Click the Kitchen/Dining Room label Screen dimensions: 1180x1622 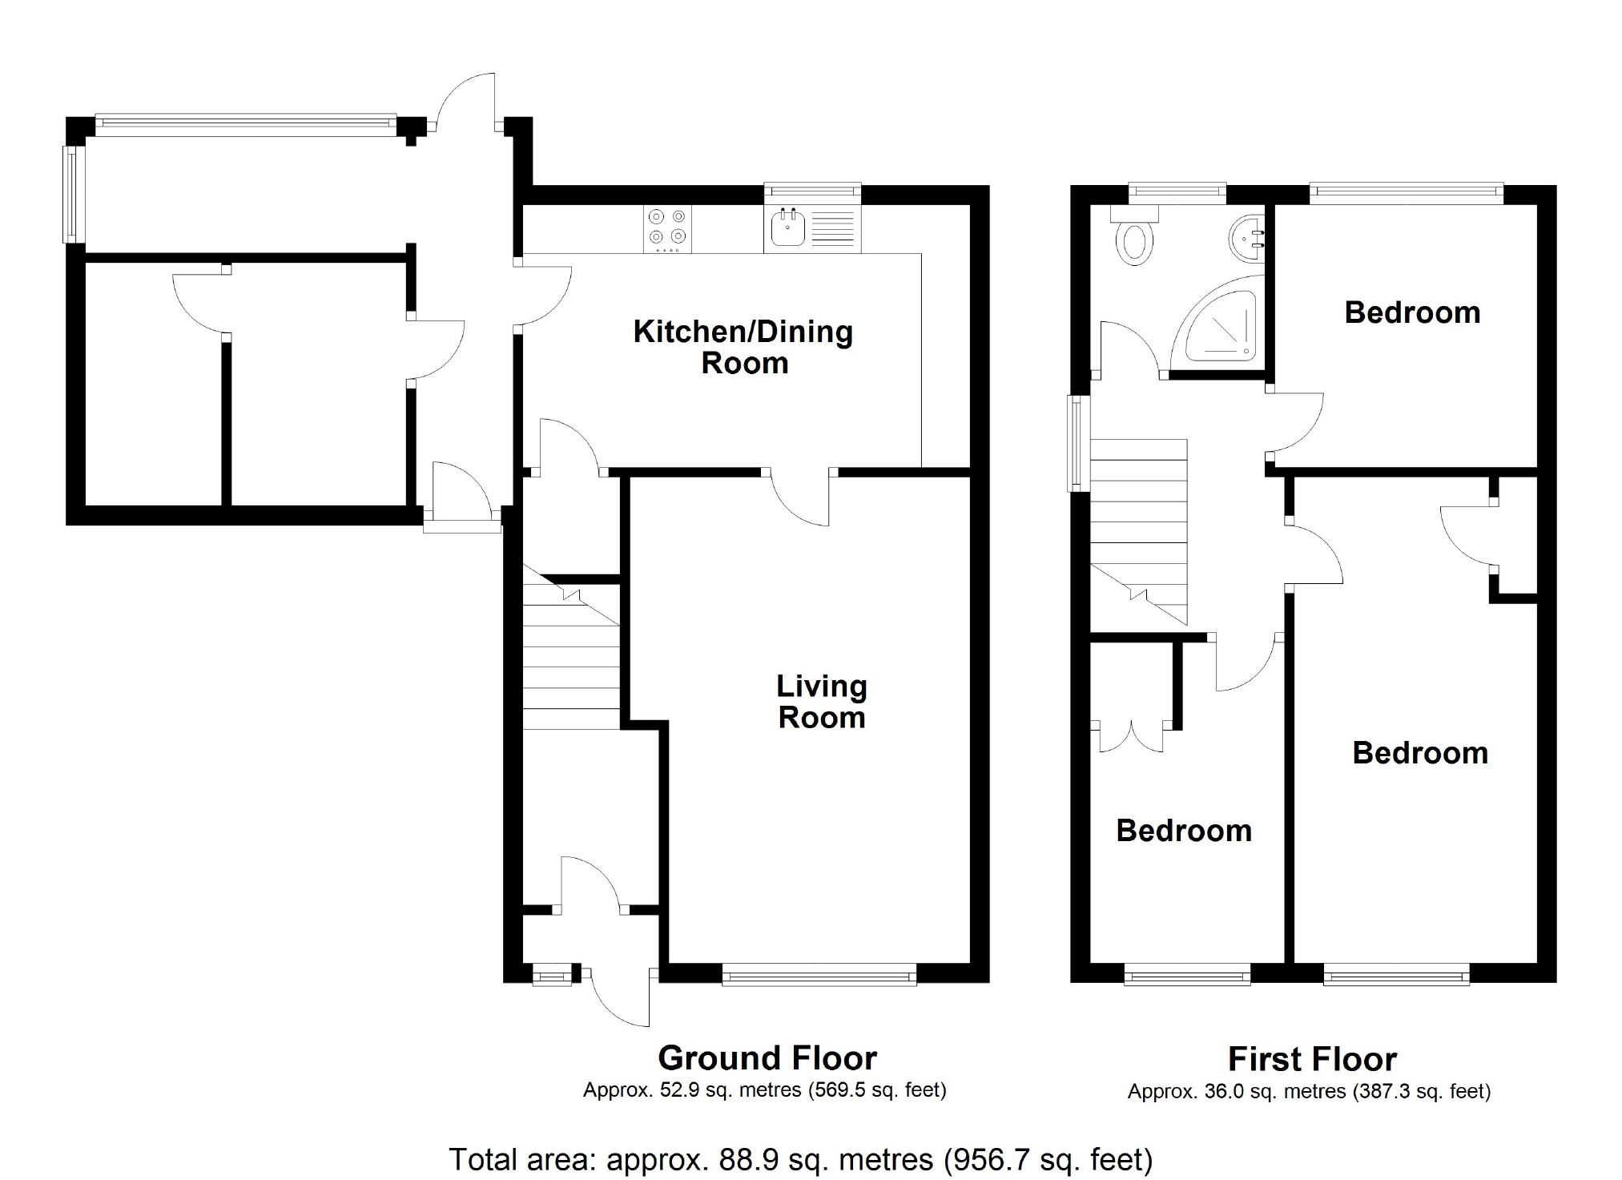tap(743, 347)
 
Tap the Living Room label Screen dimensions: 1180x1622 tap(821, 702)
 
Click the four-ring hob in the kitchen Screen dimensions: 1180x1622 tap(667, 230)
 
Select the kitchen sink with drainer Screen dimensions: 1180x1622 tap(811, 230)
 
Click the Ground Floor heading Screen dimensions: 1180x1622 tap(767, 1058)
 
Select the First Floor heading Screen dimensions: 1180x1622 tap(1312, 1059)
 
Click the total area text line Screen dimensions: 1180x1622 tap(800, 1159)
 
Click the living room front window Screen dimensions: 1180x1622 tap(819, 976)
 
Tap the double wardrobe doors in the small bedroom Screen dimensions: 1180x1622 tap(1131, 735)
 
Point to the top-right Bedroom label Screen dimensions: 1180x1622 tap(1412, 312)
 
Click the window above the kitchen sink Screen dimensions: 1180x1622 tap(811, 190)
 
